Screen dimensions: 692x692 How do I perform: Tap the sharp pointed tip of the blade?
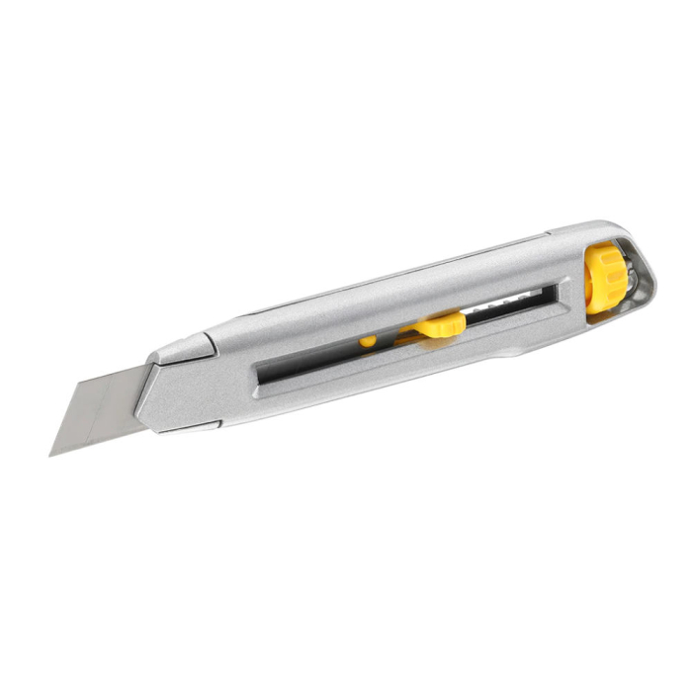point(52,453)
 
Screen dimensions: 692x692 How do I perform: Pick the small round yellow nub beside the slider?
point(368,341)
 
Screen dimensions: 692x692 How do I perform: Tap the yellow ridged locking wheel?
point(605,276)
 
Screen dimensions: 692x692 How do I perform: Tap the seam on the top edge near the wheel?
point(549,237)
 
